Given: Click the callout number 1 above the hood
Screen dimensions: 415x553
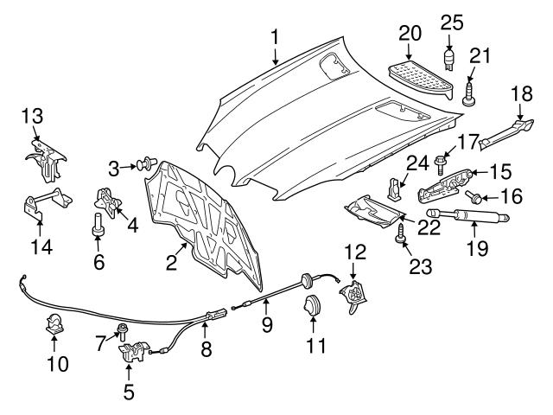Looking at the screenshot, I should tap(275, 37).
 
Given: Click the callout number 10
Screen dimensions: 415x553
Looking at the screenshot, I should tap(57, 363).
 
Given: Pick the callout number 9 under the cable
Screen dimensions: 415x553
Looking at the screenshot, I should tap(267, 325).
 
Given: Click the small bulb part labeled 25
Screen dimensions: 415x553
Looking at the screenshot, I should tap(450, 60).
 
